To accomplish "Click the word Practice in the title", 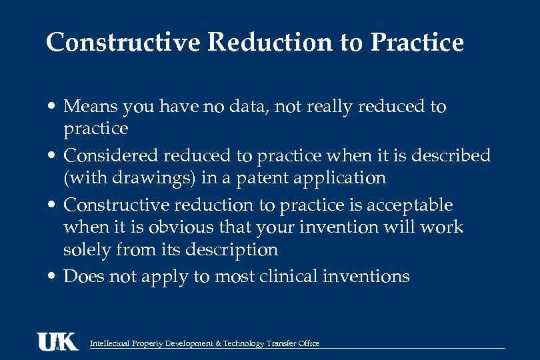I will [417, 43].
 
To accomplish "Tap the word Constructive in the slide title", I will [123, 43].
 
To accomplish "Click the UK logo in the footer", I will [57, 341].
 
